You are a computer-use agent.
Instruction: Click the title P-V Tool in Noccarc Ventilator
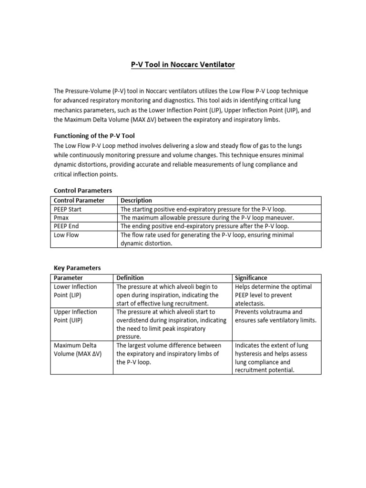pyautogui.click(x=183, y=64)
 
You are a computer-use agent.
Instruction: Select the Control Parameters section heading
pyautogui.click(x=83, y=191)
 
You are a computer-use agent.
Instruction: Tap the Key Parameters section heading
pyautogui.click(x=77, y=268)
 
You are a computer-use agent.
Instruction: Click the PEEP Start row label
pyautogui.click(x=68, y=209)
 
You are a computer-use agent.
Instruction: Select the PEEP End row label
pyautogui.click(x=67, y=226)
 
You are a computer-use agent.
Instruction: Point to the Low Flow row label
pyautogui.click(x=66, y=235)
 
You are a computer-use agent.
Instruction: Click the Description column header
pyautogui.click(x=136, y=201)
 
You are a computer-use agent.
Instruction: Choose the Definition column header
pyautogui.click(x=130, y=278)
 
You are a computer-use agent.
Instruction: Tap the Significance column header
pyautogui.click(x=251, y=278)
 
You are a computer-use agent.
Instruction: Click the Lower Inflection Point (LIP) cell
pyautogui.click(x=75, y=291)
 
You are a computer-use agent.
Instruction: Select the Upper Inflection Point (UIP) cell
pyautogui.click(x=75, y=316)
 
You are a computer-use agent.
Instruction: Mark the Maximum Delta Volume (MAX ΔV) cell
pyautogui.click(x=78, y=349)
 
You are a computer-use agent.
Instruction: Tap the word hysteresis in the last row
pyautogui.click(x=253, y=354)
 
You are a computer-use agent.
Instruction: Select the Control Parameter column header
pyautogui.click(x=79, y=201)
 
